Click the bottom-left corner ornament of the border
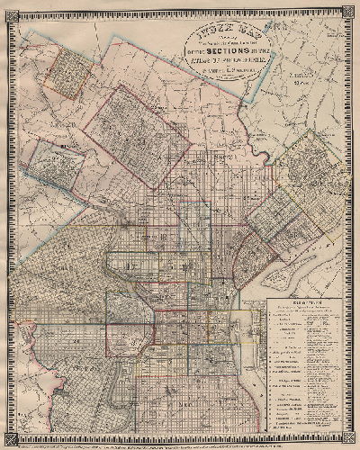[8, 440]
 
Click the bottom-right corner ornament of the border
[352, 440]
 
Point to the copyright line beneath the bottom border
[180, 445]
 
